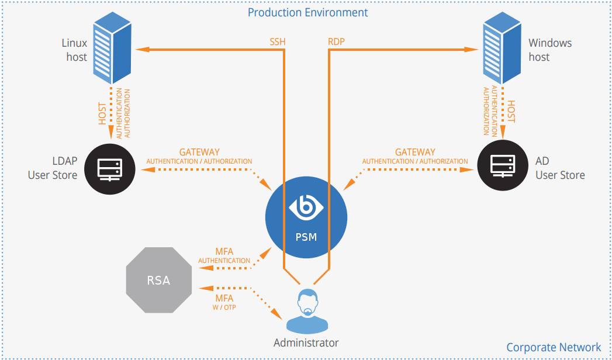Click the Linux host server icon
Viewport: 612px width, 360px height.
tap(111, 50)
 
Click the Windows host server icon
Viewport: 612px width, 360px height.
tap(502, 50)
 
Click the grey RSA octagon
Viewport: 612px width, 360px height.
tap(158, 280)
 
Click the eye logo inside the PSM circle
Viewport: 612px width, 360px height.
tap(306, 208)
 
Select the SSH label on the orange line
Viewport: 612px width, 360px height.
tap(278, 42)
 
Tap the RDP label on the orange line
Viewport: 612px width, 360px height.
tap(337, 42)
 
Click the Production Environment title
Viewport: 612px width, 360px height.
tap(308, 12)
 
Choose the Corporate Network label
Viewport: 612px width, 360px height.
tap(554, 347)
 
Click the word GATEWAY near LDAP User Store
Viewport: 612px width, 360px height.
tap(199, 153)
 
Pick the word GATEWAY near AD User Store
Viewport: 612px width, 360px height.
tap(415, 153)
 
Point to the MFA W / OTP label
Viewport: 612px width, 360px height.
tap(224, 302)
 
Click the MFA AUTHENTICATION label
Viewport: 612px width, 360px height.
tap(224, 256)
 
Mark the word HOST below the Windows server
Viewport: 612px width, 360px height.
tap(511, 111)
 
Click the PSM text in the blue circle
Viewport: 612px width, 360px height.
tap(306, 237)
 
